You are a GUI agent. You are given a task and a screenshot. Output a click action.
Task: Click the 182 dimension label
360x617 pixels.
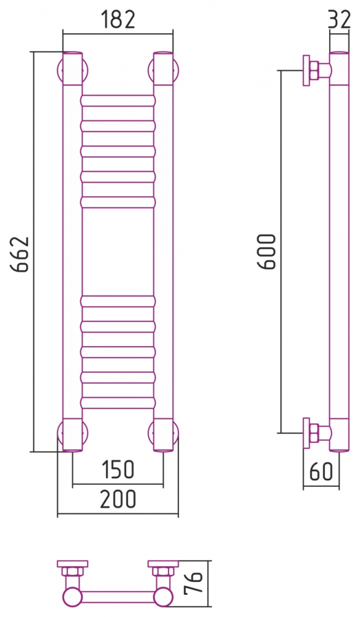(118, 20)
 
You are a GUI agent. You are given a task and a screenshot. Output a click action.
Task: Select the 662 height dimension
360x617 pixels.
(20, 254)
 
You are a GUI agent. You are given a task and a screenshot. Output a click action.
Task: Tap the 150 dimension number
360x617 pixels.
(118, 470)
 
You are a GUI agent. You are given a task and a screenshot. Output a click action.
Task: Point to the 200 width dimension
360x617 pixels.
(117, 499)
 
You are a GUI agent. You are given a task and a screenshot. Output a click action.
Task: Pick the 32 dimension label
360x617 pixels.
(339, 19)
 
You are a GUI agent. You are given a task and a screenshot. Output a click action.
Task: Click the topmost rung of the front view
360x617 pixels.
(118, 101)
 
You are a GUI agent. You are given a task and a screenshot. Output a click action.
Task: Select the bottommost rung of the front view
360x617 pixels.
(118, 402)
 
